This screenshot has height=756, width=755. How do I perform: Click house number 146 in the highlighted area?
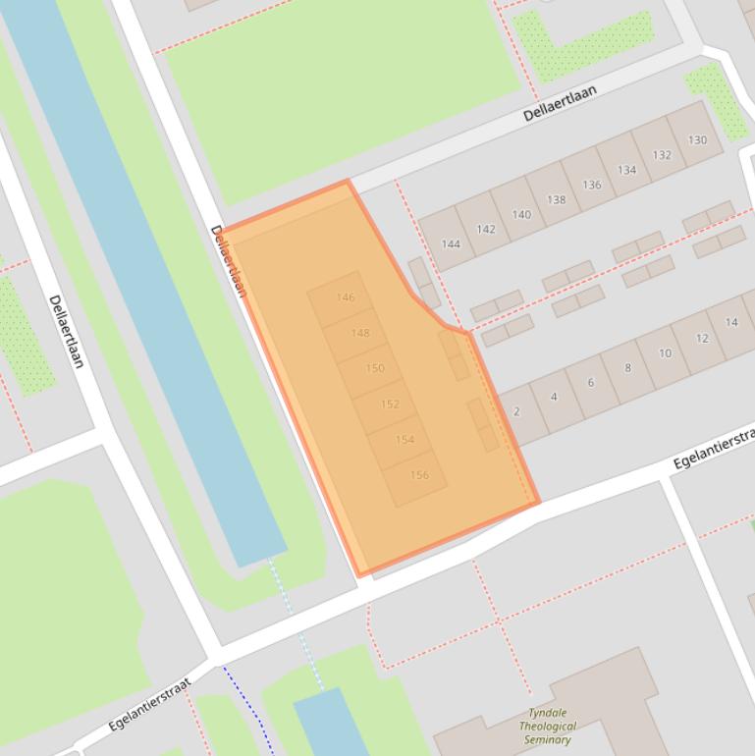click(345, 297)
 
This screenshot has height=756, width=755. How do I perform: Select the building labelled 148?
click(360, 333)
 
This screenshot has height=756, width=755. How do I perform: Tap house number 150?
click(375, 368)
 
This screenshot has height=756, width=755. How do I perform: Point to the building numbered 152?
click(390, 404)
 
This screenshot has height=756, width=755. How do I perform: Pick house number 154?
click(404, 439)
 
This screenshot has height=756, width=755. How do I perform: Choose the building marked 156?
click(419, 475)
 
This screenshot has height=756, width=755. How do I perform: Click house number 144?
click(451, 244)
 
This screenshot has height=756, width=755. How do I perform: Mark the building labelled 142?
click(486, 229)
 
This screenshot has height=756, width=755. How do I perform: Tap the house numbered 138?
click(557, 199)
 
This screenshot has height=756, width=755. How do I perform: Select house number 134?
click(626, 170)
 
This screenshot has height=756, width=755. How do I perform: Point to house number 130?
click(697, 139)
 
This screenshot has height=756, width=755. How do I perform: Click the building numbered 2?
click(516, 411)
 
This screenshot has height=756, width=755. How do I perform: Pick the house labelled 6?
click(591, 383)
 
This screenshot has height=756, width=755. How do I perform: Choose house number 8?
click(627, 368)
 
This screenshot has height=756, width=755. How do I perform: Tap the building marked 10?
click(665, 353)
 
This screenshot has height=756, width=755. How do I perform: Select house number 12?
click(702, 338)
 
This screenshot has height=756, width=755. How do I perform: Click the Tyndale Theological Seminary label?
click(549, 727)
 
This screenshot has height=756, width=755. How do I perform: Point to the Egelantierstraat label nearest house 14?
click(713, 448)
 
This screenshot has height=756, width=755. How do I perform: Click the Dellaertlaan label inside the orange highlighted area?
click(228, 261)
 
